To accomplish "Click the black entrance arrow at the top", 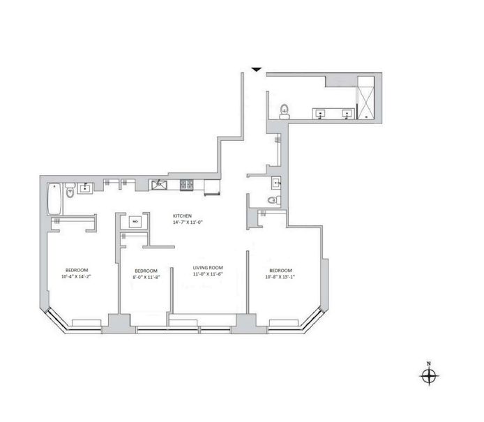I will click(257, 70).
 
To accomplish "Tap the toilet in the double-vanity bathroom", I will click(284, 111).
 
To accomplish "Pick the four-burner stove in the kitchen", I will click(188, 185).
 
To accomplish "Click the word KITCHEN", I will click(182, 216).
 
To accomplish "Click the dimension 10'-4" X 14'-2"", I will click(77, 277).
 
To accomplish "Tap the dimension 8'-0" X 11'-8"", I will click(145, 278).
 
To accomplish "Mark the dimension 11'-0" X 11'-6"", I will click(207, 274).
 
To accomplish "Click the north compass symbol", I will click(429, 376).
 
